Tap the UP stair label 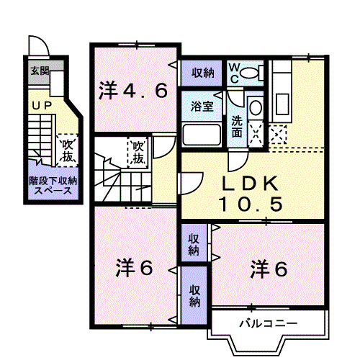pos(40,106)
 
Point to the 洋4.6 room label pos(134,91)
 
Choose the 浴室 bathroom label pos(202,107)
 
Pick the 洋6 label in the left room pos(135,269)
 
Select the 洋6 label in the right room pos(269,269)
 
